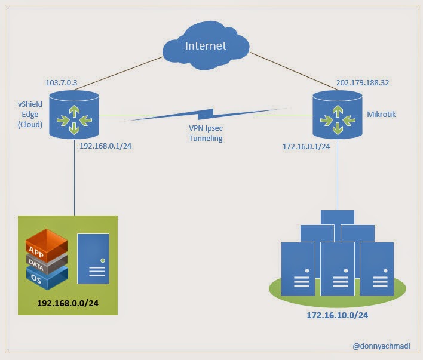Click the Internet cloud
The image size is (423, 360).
coord(206,45)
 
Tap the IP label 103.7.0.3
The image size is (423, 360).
coord(62,82)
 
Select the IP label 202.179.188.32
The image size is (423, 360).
coord(363,82)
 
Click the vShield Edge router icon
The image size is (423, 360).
coord(74,115)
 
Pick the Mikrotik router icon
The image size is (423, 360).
coord(338,115)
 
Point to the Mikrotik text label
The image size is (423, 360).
coord(381,114)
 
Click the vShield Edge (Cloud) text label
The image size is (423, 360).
coord(30,115)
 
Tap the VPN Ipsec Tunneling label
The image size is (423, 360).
coord(206,133)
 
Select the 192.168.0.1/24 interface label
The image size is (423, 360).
coord(106,146)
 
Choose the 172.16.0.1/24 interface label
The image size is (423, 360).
coord(306,146)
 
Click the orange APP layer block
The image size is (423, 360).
coord(47,245)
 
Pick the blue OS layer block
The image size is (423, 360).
coord(47,278)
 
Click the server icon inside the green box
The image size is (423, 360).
coord(93,259)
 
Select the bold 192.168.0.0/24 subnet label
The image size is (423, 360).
coord(68,303)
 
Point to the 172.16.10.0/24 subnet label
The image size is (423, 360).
coord(338,315)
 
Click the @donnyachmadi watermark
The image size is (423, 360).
coord(381,346)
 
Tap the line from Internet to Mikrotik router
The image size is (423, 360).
coord(293,71)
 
